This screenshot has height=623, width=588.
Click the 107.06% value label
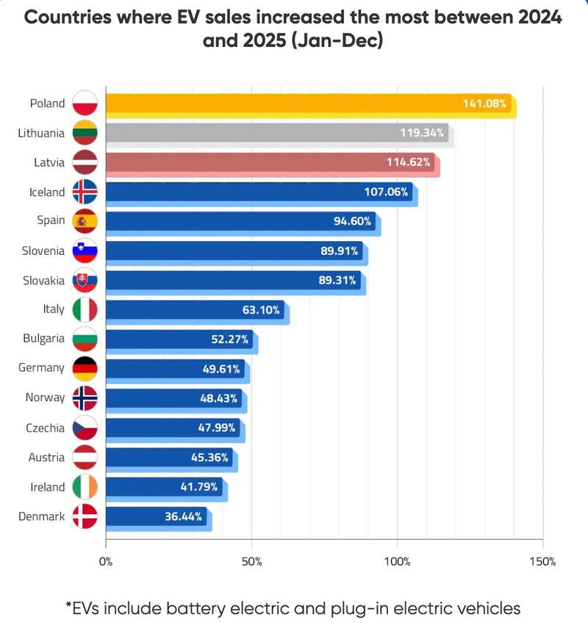tap(386, 192)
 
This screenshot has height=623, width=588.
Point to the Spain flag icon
tap(85, 221)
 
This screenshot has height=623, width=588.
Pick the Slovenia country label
tap(43, 251)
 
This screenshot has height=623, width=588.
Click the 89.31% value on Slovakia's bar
tap(338, 280)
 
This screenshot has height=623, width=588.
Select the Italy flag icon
tap(85, 309)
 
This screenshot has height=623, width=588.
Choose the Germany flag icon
tap(85, 368)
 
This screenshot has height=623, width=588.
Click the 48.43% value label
tap(220, 398)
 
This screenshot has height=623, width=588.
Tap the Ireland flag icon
tap(85, 486)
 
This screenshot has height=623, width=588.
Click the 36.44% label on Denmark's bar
tap(184, 516)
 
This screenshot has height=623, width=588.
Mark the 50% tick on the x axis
tap(251, 562)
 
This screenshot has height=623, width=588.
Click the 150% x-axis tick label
tap(542, 562)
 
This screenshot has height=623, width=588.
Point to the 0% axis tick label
tap(106, 562)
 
